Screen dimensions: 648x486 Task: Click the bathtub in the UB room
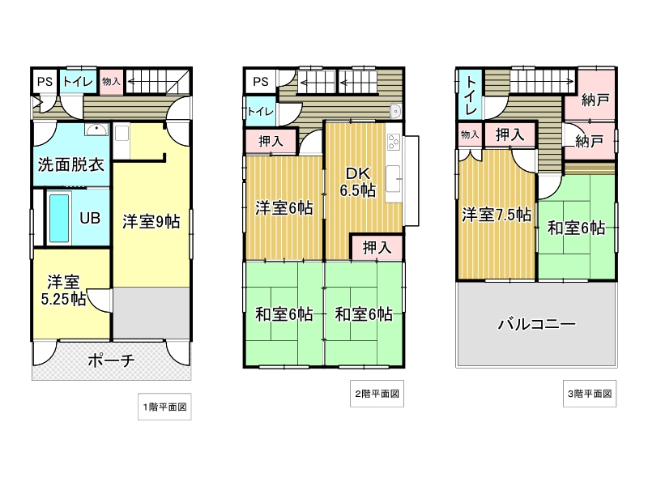point(59,218)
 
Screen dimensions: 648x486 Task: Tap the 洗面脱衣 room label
point(70,164)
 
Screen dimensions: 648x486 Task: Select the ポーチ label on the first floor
point(111,360)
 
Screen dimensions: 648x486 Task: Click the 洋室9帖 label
point(151,222)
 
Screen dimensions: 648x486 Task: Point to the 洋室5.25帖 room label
point(64,290)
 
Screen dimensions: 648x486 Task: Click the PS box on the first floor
point(45,82)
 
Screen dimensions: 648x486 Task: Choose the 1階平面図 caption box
point(164,407)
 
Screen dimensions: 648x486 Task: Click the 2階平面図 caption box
point(377,394)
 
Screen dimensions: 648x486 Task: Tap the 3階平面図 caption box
point(590,394)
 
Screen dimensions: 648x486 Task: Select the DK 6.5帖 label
point(358,181)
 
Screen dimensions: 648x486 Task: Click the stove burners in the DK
point(394,142)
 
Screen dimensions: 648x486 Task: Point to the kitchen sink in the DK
point(393,178)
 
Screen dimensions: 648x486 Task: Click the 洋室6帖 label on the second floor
point(284,208)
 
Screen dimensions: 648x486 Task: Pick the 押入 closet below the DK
point(377,248)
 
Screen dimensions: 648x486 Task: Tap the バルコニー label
point(536,323)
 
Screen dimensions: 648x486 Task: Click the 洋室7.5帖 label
point(497,215)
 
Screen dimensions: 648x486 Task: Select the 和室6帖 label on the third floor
point(577,228)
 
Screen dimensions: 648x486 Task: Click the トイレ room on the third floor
point(471,95)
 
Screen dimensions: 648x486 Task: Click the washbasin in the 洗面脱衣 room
point(96,130)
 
